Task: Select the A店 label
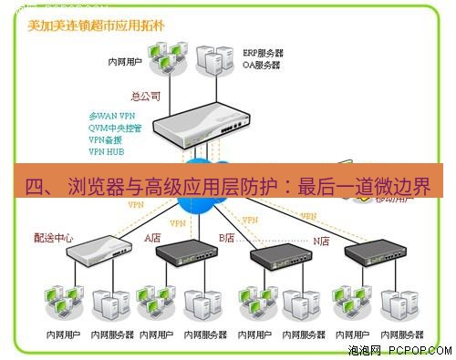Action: click(153, 238)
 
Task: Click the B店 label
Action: click(227, 238)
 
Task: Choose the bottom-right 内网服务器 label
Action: click(402, 334)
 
